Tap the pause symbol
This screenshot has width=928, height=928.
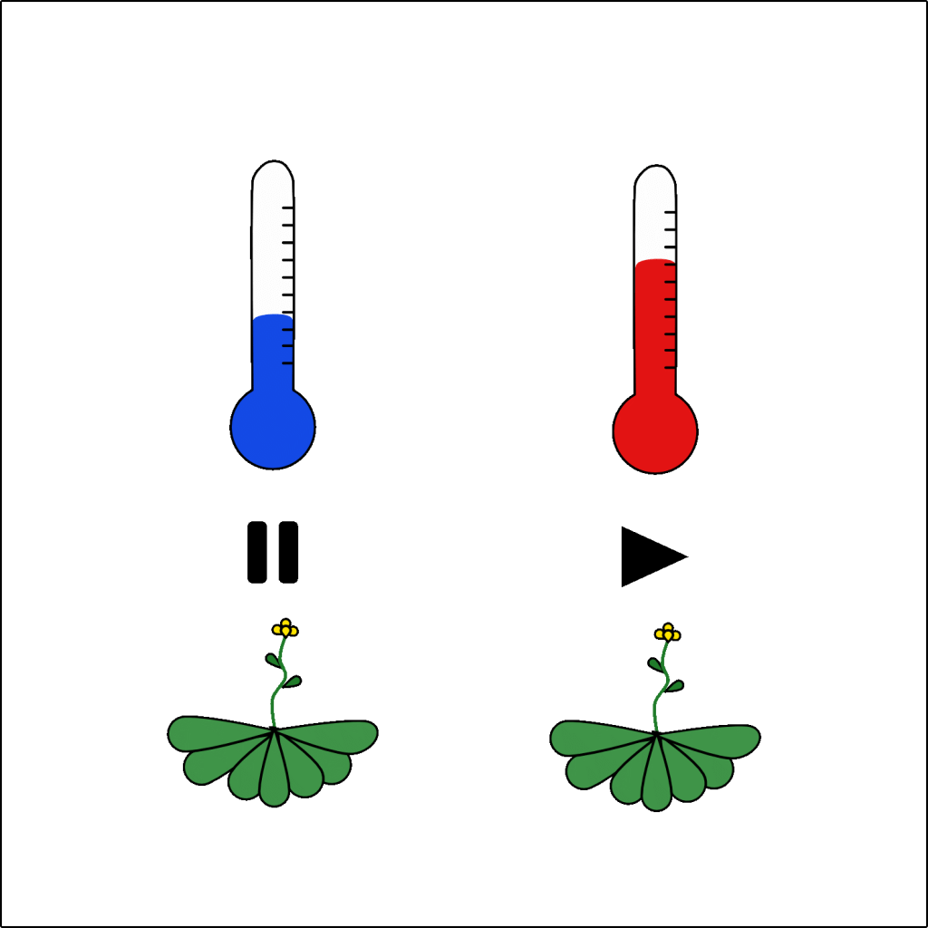(273, 552)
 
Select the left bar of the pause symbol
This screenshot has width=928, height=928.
(257, 552)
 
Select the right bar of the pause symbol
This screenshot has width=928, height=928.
(288, 552)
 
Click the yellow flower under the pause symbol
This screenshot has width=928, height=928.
(285, 627)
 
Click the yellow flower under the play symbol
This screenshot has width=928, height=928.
(667, 633)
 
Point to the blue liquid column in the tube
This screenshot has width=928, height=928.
(273, 353)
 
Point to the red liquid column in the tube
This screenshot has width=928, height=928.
(655, 326)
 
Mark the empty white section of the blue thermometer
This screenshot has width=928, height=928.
(272, 245)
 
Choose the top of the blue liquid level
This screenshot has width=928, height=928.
(273, 316)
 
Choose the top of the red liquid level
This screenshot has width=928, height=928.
(655, 262)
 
